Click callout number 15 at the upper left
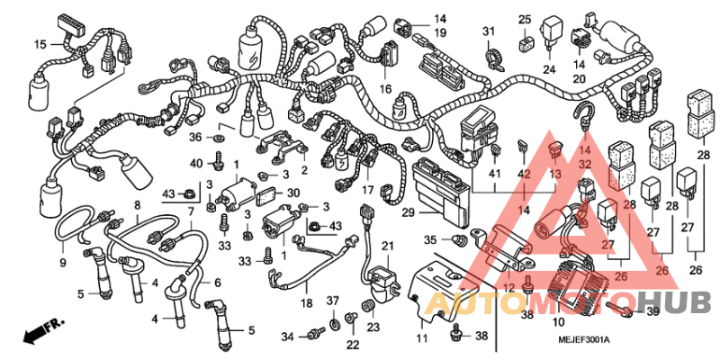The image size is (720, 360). click(x=40, y=44)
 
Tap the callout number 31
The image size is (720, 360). click(x=489, y=32)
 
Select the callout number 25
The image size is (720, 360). click(x=525, y=19)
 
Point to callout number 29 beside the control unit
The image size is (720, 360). click(x=408, y=212)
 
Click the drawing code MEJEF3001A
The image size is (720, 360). click(x=582, y=340)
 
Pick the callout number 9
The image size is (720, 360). click(x=63, y=262)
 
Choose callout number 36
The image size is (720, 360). click(x=195, y=137)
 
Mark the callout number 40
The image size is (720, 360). click(x=196, y=163)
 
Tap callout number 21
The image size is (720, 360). click(x=388, y=246)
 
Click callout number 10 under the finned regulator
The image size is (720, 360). click(x=557, y=321)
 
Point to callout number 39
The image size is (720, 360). click(x=652, y=310)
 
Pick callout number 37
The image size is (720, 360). click(x=331, y=301)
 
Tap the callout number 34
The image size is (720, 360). click(x=287, y=337)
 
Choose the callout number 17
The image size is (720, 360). click(x=368, y=190)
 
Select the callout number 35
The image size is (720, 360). click(x=431, y=239)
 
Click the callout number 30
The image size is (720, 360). click(x=292, y=193)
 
